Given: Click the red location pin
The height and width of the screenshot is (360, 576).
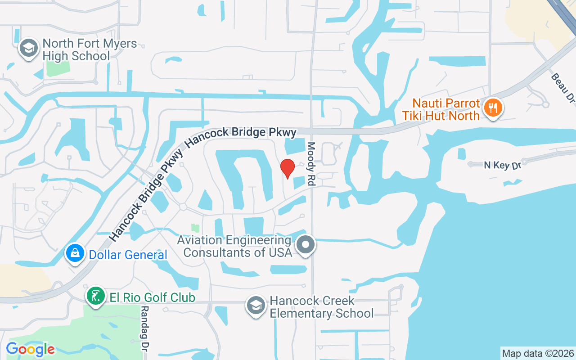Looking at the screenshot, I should coord(287,169).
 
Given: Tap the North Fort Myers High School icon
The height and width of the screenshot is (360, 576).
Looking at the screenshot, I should coord(29,49).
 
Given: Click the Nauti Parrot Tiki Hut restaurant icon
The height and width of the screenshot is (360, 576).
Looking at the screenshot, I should coord(493,108).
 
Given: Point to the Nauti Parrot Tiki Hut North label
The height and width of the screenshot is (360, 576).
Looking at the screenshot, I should coord(441,109).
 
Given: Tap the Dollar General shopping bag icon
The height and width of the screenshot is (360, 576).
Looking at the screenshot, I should coord(75,254).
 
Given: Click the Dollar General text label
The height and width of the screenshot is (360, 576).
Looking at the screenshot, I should coord(128,255).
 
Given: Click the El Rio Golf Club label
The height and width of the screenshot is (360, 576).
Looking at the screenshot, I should coord(152,297).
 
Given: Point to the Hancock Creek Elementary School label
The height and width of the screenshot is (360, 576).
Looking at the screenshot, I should coord(321,307).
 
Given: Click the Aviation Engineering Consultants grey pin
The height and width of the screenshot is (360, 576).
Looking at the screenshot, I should coord(306,246).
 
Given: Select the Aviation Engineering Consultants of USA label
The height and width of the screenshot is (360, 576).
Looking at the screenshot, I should coord(234,247).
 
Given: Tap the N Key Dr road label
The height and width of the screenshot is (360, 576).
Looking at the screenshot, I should coord(502,165).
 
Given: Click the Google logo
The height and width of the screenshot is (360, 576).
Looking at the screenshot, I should coord(30,349).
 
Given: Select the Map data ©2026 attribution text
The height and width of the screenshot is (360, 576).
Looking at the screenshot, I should coord(538,353).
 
